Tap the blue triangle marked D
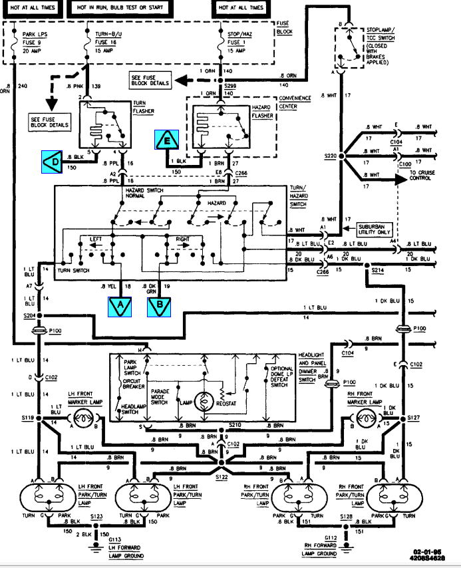click(x=53, y=161)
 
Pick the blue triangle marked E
click(x=167, y=140)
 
